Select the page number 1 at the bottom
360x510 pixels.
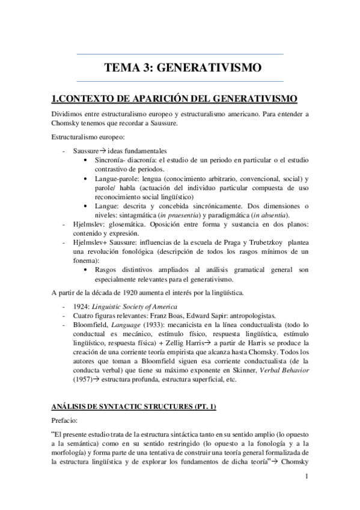pyautogui.click(x=307, y=478)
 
